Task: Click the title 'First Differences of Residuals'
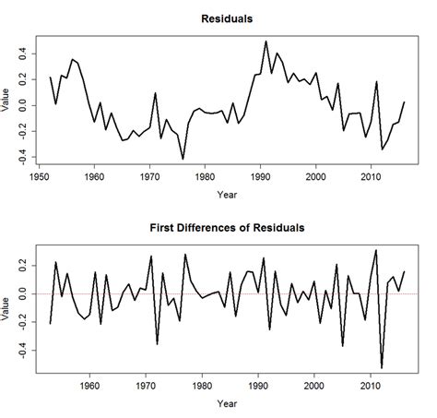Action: click(226, 227)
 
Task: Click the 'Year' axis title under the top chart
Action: click(226, 196)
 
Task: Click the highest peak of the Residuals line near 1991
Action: click(266, 42)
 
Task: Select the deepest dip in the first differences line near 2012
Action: click(381, 367)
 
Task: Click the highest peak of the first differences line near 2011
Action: click(375, 250)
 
